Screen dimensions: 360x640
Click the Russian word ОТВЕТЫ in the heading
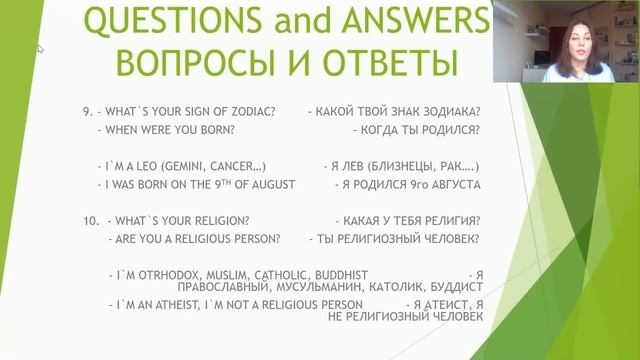click(x=384, y=62)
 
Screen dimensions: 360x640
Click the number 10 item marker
click(x=88, y=219)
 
